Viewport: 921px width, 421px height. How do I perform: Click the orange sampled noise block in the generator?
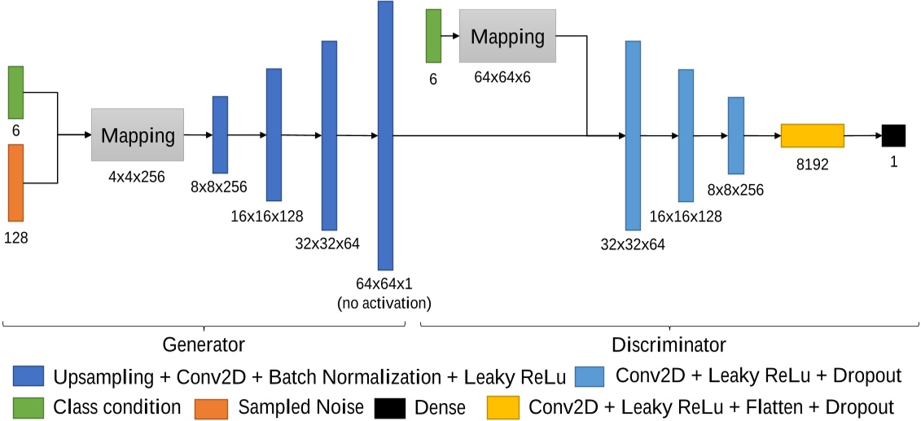point(15,182)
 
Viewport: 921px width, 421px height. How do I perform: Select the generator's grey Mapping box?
point(138,135)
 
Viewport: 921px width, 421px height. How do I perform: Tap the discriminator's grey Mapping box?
point(507,36)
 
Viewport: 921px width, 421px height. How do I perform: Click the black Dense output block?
point(893,136)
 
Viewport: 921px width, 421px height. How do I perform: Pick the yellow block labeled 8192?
point(812,136)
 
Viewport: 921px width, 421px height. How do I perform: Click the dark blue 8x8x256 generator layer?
point(220,134)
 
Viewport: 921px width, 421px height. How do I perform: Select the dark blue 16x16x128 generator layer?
point(274,134)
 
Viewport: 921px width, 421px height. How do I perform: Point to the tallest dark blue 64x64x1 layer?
point(385,135)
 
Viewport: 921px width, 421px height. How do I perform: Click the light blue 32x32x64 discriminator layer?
point(634,135)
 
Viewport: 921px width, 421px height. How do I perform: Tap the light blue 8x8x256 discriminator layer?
point(736,135)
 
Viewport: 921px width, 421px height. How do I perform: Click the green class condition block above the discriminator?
point(433,36)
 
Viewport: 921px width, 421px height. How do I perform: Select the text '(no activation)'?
point(384,304)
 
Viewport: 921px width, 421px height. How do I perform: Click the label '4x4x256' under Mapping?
point(138,175)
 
